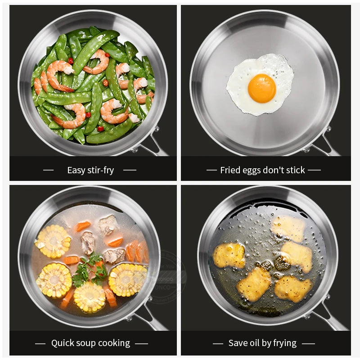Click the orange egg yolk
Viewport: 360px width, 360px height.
click(x=261, y=88)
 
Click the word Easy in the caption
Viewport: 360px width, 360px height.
click(x=76, y=170)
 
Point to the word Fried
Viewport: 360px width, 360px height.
click(x=230, y=170)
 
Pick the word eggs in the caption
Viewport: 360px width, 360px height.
click(x=253, y=171)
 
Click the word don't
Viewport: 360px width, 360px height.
click(x=276, y=170)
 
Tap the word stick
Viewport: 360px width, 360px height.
click(x=296, y=170)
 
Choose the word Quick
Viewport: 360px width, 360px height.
click(x=63, y=343)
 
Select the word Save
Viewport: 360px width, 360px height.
click(x=238, y=343)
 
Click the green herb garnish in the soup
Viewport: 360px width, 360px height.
click(x=90, y=270)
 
